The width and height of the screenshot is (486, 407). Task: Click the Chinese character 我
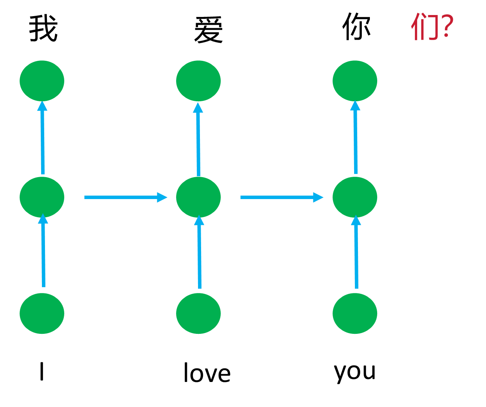pyautogui.click(x=43, y=28)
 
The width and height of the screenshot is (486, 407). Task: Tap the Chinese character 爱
pyautogui.click(x=208, y=30)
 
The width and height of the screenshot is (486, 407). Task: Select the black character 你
pyautogui.click(x=356, y=27)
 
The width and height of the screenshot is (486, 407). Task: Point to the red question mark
pyautogui.click(x=446, y=26)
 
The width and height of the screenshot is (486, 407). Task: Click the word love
pyautogui.click(x=207, y=373)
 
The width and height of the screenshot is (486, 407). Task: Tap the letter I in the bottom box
pyautogui.click(x=42, y=372)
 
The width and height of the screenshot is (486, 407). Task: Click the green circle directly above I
pyautogui.click(x=42, y=313)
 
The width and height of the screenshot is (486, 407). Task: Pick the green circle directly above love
pyautogui.click(x=198, y=313)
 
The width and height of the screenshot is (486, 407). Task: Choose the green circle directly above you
pyautogui.click(x=355, y=313)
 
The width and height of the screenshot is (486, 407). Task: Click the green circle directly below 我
pyautogui.click(x=42, y=81)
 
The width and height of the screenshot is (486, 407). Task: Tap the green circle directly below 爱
pyautogui.click(x=198, y=81)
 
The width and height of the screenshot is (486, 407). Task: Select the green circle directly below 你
pyautogui.click(x=355, y=81)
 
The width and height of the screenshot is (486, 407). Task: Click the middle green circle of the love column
pyautogui.click(x=198, y=197)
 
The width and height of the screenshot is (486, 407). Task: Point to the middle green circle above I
pyautogui.click(x=42, y=197)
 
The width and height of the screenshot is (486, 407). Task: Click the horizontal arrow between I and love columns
pyautogui.click(x=125, y=198)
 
